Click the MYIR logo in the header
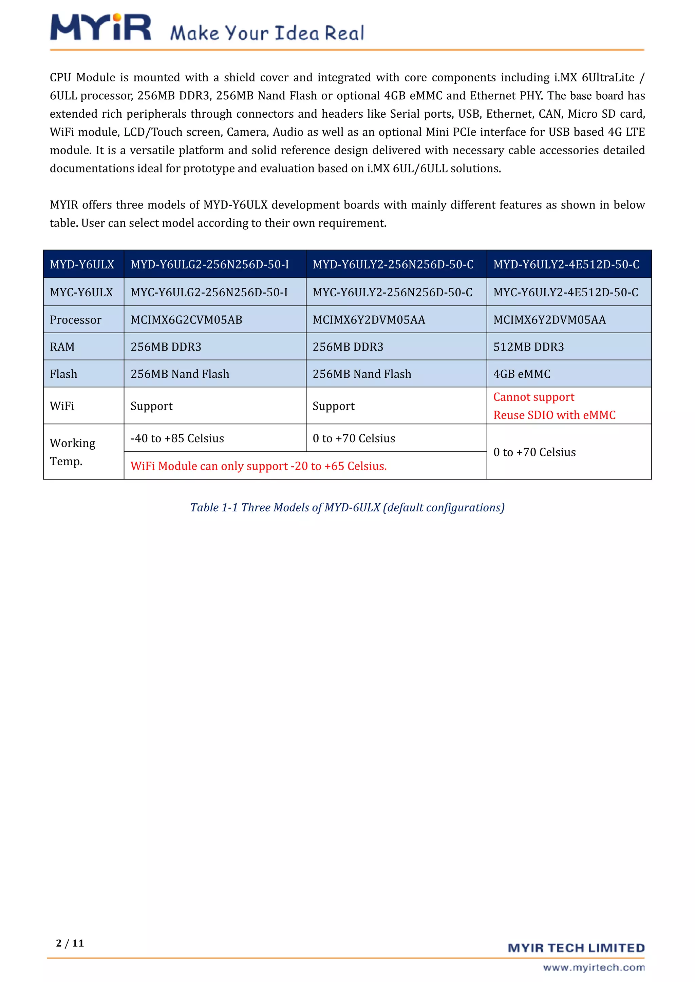100,27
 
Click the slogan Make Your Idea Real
267,33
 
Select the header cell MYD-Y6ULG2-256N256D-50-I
210,264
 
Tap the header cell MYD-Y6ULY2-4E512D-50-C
566,264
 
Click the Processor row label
76,319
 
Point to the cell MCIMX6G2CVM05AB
186,319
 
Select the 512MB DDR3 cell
528,347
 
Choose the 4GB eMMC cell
522,374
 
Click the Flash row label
64,374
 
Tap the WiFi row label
62,406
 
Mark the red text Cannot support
534,397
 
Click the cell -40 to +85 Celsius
177,438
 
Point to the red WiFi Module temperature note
259,466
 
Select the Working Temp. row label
72,452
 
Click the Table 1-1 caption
347,507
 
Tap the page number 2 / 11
70,943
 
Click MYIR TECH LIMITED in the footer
576,948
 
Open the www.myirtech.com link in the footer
594,967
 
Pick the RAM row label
62,347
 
